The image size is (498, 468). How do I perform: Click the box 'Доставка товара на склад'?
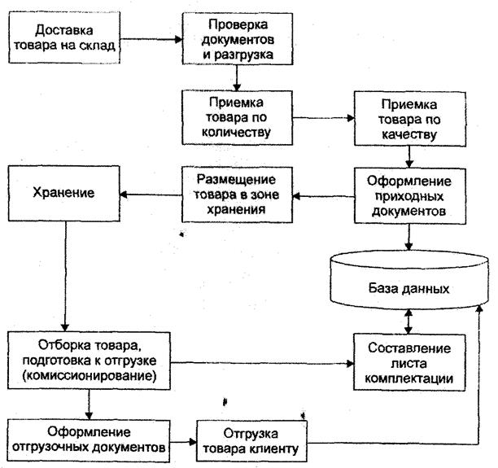click(x=64, y=37)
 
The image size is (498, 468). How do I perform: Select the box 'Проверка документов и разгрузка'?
click(x=238, y=39)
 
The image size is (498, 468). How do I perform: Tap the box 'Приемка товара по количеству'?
click(x=237, y=117)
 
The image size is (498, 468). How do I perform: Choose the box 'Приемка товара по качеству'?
click(x=410, y=119)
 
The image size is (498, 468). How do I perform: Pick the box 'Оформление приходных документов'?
click(x=410, y=196)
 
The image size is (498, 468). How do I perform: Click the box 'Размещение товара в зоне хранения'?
click(x=237, y=195)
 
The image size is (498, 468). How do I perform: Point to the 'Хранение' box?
click(x=63, y=193)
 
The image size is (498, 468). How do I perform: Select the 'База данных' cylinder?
click(x=409, y=280)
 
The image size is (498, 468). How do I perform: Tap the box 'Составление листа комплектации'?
click(x=409, y=362)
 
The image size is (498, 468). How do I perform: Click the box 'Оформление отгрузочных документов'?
click(x=89, y=440)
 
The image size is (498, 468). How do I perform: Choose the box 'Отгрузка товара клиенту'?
click(x=251, y=441)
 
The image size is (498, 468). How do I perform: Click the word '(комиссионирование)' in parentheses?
click(x=90, y=376)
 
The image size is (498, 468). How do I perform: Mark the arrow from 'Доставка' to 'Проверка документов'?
click(x=151, y=39)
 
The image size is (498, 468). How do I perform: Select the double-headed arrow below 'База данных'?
click(x=408, y=321)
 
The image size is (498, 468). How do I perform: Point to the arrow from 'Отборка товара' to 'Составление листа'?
click(x=262, y=363)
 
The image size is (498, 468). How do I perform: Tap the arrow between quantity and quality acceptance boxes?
click(x=323, y=118)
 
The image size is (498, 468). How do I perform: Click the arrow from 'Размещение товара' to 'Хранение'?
click(x=151, y=195)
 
